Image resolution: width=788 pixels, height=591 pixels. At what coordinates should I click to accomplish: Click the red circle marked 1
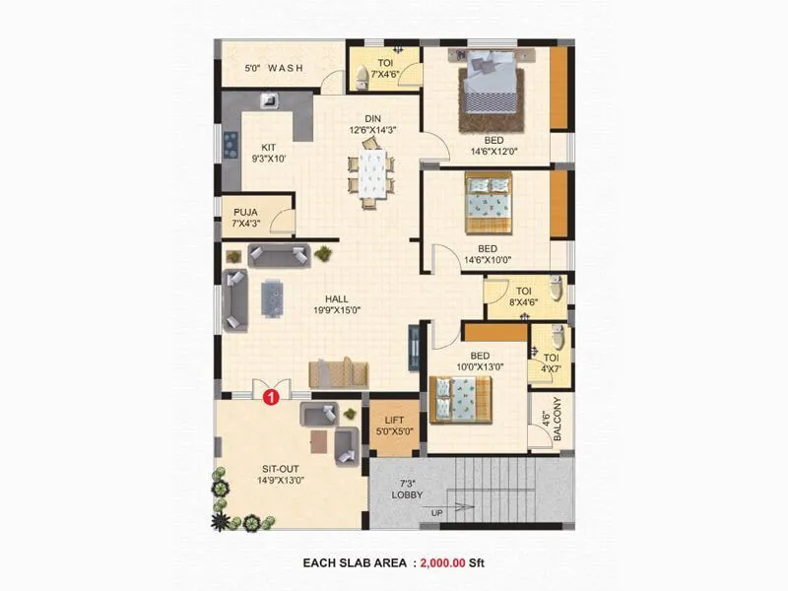(x=272, y=397)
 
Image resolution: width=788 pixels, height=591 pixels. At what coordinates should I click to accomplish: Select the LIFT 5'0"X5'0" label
(x=393, y=426)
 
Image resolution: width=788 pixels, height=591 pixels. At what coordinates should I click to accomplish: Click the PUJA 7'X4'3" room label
(x=245, y=217)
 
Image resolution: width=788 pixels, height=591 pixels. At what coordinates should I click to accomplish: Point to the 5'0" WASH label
(x=274, y=69)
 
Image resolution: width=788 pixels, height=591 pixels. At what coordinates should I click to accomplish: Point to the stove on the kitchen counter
(x=231, y=145)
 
